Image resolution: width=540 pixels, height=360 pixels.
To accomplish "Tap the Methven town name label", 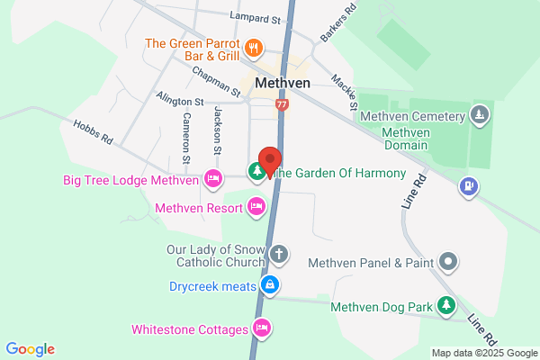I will click(x=283, y=82).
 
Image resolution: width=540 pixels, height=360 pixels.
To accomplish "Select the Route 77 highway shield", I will click(x=283, y=104).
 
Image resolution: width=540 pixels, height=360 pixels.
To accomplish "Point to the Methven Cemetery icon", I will click(x=480, y=115).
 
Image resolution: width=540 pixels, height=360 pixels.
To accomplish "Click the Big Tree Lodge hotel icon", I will click(x=213, y=179).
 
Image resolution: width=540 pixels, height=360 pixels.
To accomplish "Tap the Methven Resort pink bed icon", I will click(x=256, y=208).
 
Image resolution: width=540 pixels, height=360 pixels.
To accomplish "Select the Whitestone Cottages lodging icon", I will click(x=262, y=328).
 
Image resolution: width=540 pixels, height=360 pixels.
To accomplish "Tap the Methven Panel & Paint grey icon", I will click(x=448, y=263).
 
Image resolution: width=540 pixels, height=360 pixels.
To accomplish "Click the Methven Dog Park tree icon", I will click(x=445, y=306).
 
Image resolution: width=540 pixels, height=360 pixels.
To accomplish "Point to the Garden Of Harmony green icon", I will click(x=257, y=172).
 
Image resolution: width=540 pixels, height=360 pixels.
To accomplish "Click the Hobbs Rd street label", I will click(x=93, y=132).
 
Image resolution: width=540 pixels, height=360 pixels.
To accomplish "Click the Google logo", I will click(x=30, y=349).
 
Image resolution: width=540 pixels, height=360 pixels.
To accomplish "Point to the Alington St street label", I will click(x=180, y=103).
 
